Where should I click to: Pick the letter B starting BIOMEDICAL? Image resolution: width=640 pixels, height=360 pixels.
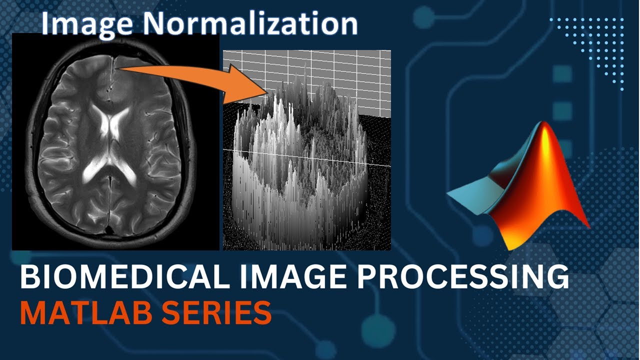28,278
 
